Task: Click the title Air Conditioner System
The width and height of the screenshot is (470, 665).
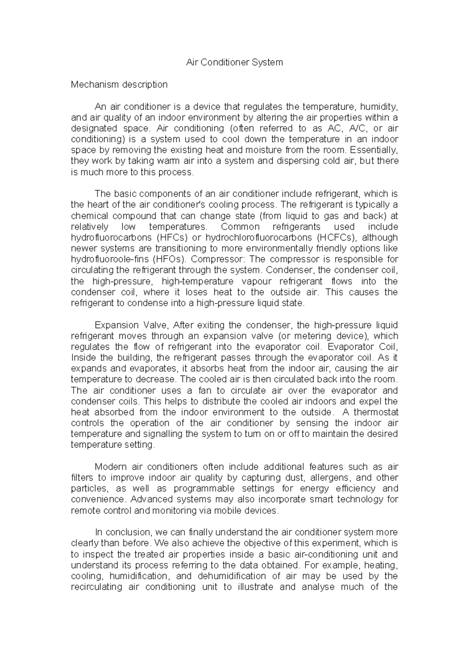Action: click(234, 62)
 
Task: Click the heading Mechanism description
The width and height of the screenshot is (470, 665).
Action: click(119, 84)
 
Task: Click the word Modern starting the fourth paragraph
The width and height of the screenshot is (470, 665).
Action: click(111, 467)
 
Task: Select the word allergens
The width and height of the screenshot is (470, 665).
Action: click(331, 478)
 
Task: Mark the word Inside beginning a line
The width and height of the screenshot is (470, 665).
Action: click(83, 358)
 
